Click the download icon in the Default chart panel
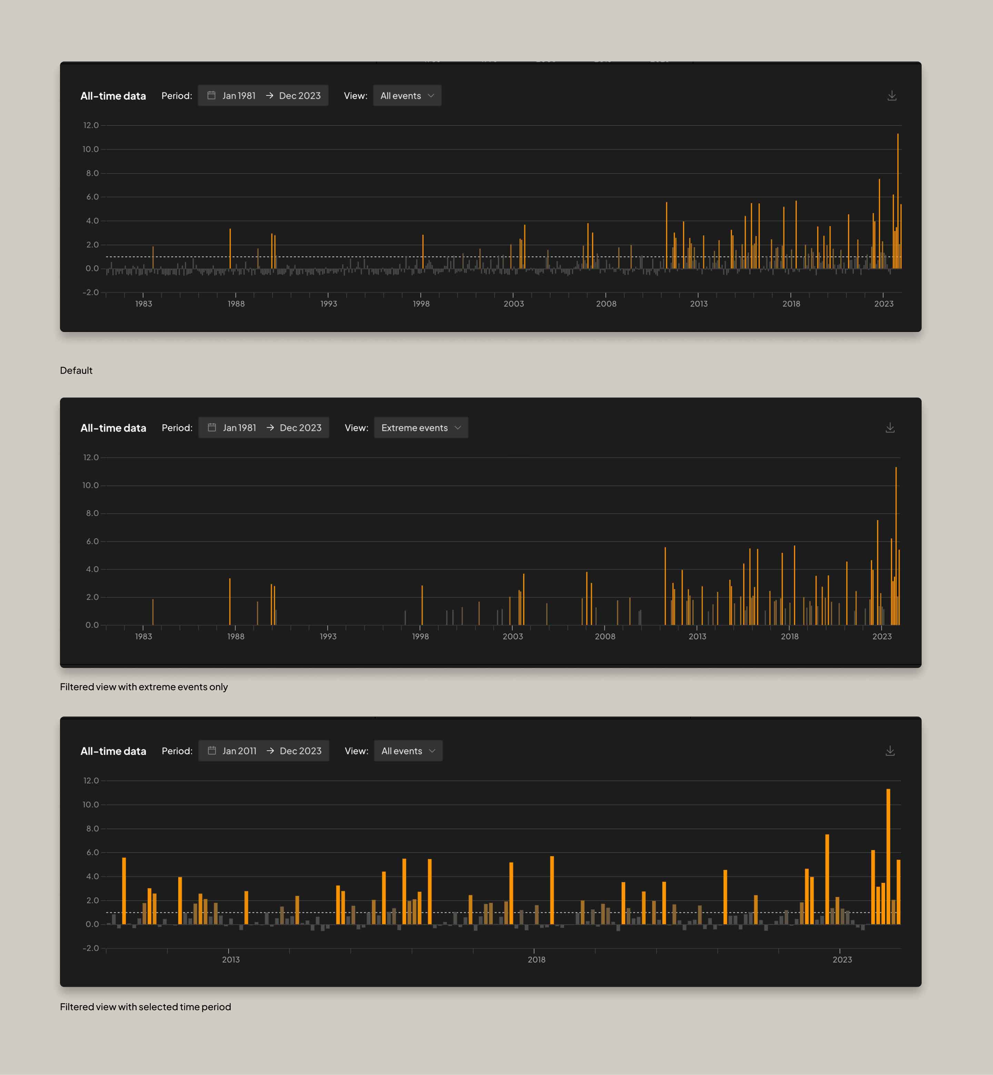(x=891, y=95)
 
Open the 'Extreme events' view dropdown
(x=421, y=428)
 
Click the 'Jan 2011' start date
(x=239, y=751)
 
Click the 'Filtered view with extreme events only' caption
(x=143, y=687)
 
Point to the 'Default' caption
(x=76, y=370)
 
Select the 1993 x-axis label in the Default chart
(x=328, y=304)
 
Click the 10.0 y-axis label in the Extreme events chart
(x=91, y=485)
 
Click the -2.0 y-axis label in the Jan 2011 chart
(x=91, y=948)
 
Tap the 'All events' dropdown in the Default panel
(x=407, y=95)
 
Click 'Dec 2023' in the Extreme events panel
(x=300, y=428)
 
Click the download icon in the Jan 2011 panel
(x=890, y=751)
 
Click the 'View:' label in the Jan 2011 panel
(x=356, y=751)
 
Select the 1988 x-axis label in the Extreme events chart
(x=235, y=636)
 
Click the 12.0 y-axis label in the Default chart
(x=91, y=125)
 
